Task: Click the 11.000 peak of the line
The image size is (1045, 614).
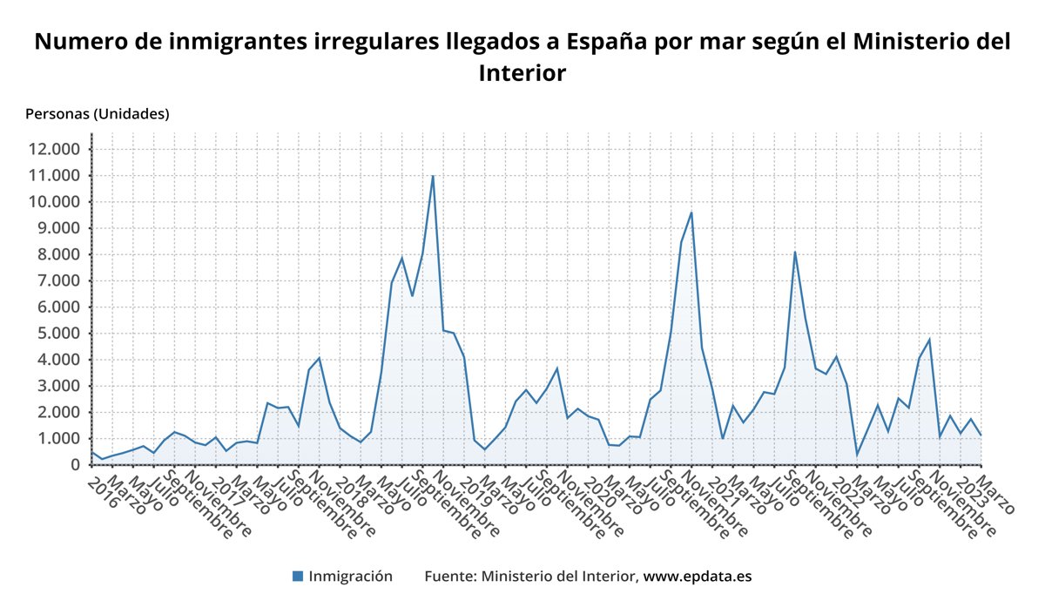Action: coord(433,176)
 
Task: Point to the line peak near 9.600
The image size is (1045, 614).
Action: coord(691,213)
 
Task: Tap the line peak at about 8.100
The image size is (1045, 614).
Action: coord(795,252)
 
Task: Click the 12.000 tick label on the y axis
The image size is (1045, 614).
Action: coord(54,149)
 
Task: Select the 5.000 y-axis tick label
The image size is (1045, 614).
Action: coord(58,334)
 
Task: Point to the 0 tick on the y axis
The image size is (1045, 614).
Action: coord(75,465)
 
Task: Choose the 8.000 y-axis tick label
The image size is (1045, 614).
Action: coord(58,254)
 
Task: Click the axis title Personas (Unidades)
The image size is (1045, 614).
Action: coord(98,113)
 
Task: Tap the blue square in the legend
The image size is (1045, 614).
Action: coord(298,577)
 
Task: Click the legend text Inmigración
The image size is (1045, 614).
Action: coord(351,577)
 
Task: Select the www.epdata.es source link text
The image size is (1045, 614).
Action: coord(697,577)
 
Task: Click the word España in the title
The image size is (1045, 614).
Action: coord(609,42)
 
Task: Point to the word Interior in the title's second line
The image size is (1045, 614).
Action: coord(522,73)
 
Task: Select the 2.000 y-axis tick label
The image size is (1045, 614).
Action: coord(58,412)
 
